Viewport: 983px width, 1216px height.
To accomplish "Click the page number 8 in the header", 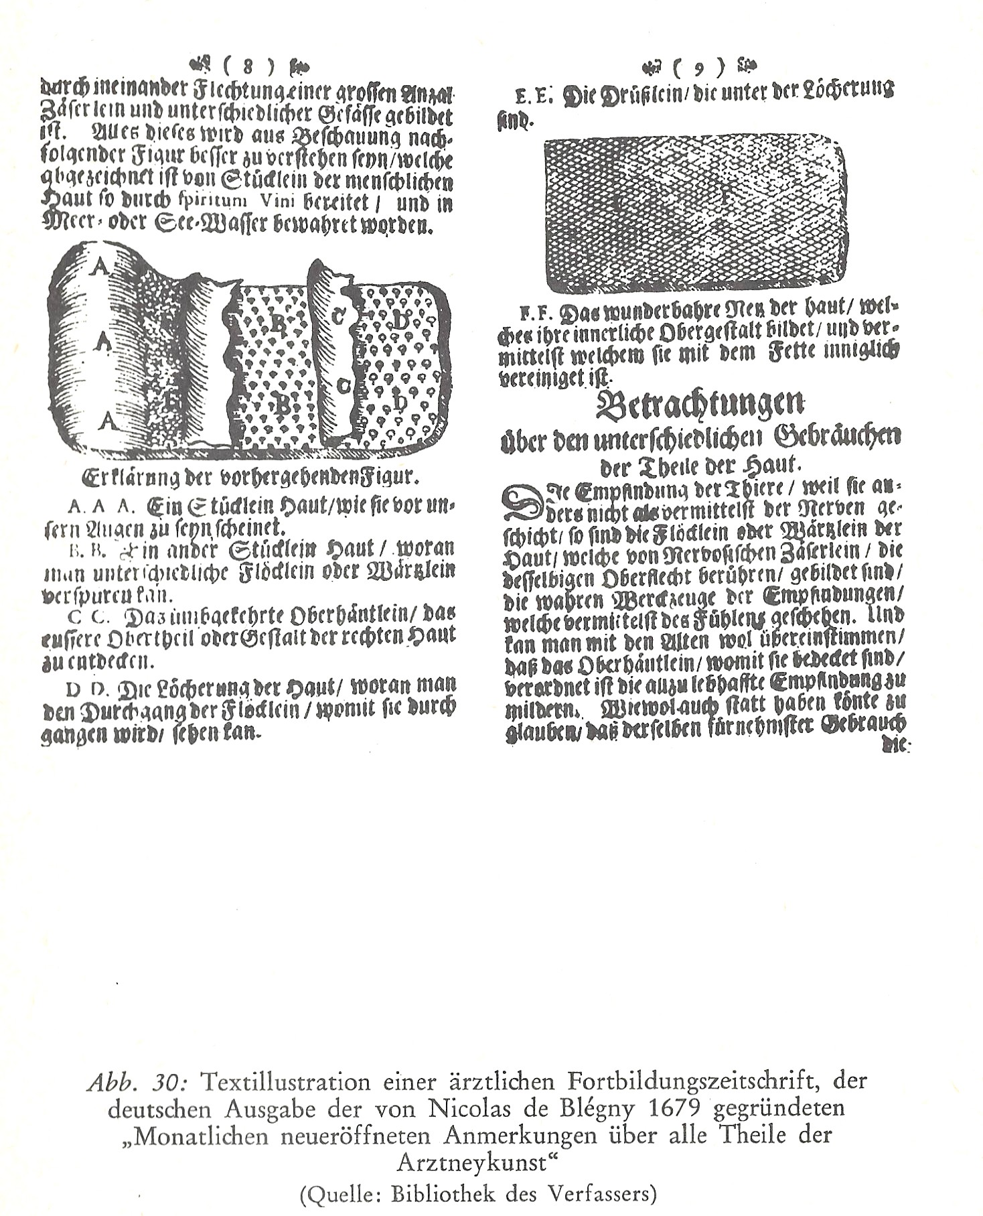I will [248, 66].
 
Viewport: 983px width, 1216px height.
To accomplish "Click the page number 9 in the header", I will [699, 67].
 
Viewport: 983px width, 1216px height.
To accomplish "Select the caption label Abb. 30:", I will [140, 1082].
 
